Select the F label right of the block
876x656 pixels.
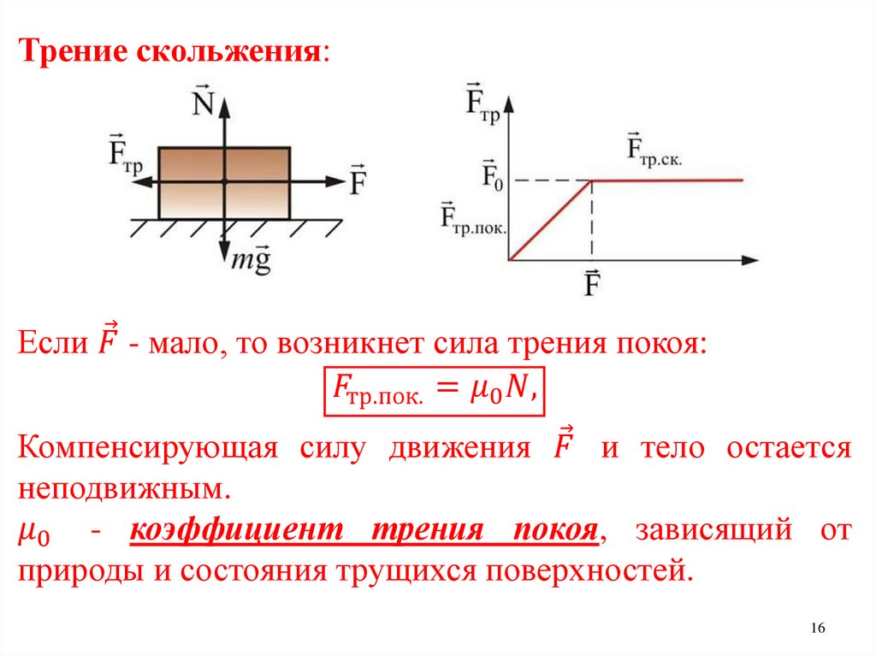358,180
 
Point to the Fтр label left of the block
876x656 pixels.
125,154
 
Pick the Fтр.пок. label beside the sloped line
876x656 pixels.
473,220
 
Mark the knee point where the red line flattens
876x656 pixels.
592,180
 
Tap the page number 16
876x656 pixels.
817,629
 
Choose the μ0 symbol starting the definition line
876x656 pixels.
34,534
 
